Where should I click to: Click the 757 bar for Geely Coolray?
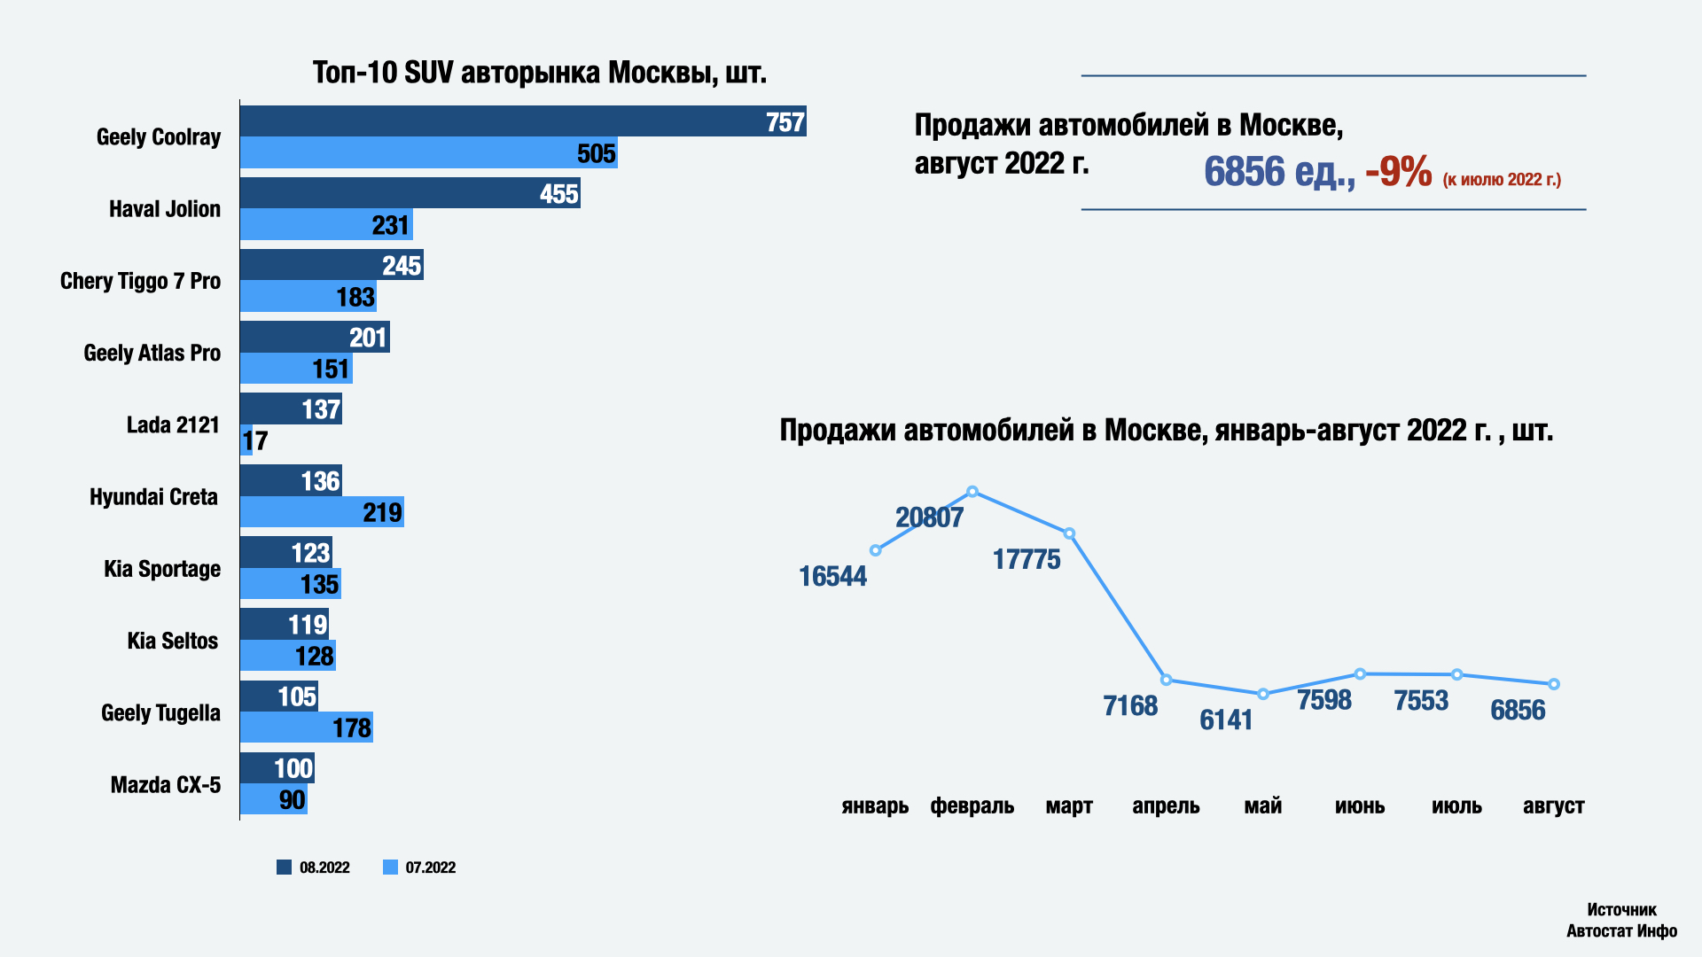tap(523, 121)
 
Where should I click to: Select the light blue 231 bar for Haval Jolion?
tap(326, 225)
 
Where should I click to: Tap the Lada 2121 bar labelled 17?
tap(246, 440)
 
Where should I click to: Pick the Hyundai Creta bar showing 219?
tap(322, 512)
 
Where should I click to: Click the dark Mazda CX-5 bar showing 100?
tap(277, 768)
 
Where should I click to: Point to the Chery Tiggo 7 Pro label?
tap(140, 281)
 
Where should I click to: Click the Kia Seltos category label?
tap(172, 641)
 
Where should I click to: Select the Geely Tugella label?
tap(160, 713)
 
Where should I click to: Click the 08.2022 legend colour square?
tap(284, 868)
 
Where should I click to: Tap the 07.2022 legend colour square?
tap(390, 868)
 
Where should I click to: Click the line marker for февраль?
tap(972, 492)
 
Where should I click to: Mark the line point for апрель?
tap(1167, 681)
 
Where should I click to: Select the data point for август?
tap(1554, 684)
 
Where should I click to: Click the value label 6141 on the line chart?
tap(1226, 720)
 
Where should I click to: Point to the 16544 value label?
tap(832, 577)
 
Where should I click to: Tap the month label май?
tap(1263, 806)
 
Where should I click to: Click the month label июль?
tap(1456, 806)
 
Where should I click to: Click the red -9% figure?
tap(1398, 172)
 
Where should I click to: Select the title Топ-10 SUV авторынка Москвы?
tap(539, 73)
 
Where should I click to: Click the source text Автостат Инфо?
tap(1621, 930)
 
